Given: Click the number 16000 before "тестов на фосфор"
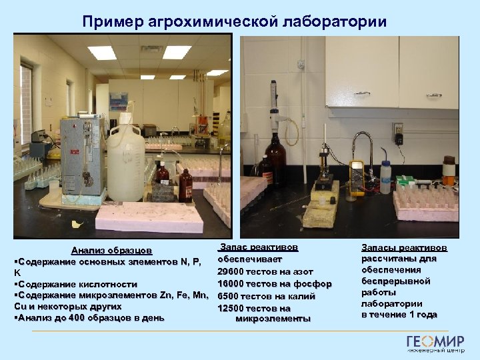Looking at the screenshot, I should [231, 283].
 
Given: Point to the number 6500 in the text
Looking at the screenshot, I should [229, 296].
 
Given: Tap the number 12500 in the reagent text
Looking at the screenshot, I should [231, 308].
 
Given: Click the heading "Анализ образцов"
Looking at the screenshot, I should [112, 251].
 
